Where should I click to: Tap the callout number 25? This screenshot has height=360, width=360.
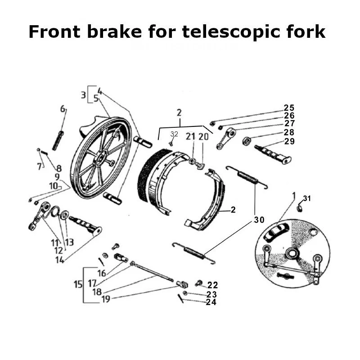[289, 108]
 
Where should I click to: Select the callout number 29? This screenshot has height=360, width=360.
[289, 141]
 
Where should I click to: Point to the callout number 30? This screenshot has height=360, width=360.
[258, 220]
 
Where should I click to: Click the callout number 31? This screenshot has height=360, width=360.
[306, 198]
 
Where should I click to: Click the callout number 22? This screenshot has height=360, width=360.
[212, 285]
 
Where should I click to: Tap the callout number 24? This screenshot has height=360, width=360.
[211, 302]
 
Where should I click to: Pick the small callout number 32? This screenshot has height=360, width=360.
[174, 134]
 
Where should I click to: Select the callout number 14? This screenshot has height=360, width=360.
[59, 260]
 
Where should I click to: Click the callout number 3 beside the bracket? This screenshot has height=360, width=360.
[83, 95]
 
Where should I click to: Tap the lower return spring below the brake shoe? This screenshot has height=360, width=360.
[193, 252]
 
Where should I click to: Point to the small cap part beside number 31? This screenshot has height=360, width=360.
[300, 207]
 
